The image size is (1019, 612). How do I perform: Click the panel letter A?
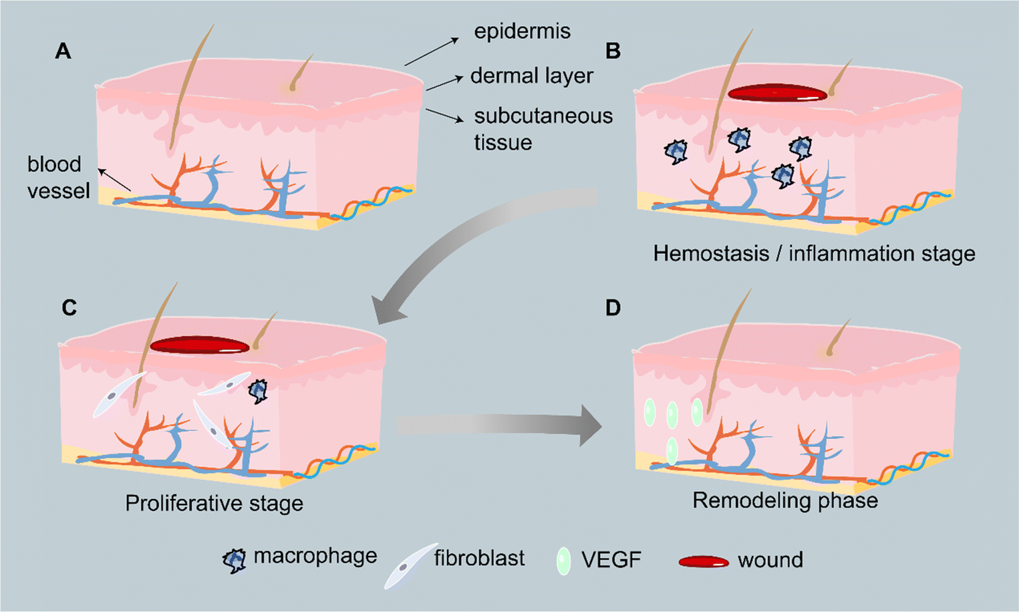click(63, 51)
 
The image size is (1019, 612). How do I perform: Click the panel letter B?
click(612, 51)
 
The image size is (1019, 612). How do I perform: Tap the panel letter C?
click(69, 307)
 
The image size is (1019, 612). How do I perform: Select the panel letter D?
click(612, 308)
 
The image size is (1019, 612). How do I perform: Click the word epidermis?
click(522, 31)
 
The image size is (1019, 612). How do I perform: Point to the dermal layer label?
click(531, 76)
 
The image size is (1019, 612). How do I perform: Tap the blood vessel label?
click(58, 178)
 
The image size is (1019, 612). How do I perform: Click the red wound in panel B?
click(776, 94)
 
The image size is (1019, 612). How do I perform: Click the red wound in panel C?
click(199, 345)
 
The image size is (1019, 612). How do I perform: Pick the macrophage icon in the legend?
click(234, 561)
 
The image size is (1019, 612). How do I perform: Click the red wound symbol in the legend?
click(703, 562)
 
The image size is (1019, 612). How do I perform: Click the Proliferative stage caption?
click(214, 503)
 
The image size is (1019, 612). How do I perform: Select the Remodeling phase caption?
click(784, 500)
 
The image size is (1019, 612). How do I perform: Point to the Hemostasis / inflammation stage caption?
click(814, 254)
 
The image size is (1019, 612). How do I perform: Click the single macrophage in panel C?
click(258, 392)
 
